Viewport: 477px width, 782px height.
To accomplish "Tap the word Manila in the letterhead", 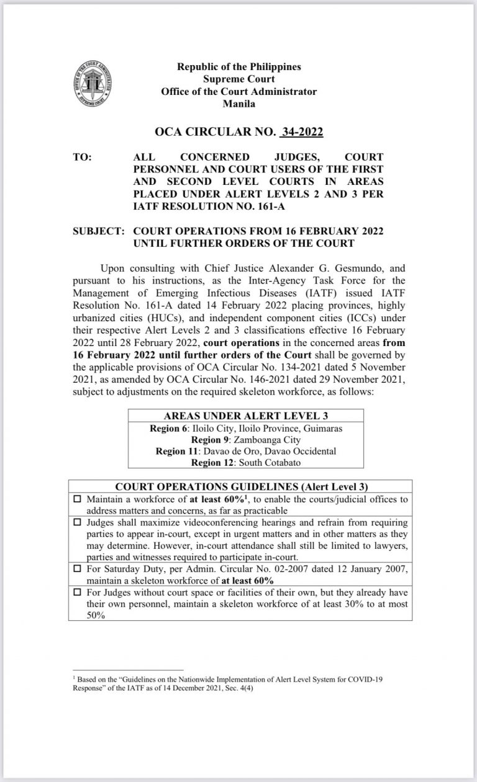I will pyautogui.click(x=239, y=104).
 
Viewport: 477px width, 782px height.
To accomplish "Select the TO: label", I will pyautogui.click(x=82, y=158).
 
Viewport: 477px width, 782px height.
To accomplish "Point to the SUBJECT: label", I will pyautogui.click(x=99, y=231).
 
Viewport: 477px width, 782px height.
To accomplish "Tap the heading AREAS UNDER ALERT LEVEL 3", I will pyautogui.click(x=246, y=416).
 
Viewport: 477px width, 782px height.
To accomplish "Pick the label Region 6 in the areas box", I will pyautogui.click(x=170, y=429).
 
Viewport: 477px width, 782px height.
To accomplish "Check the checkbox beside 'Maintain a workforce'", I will pyautogui.click(x=78, y=499).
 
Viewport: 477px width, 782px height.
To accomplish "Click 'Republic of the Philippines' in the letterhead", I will pyautogui.click(x=239, y=66).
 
